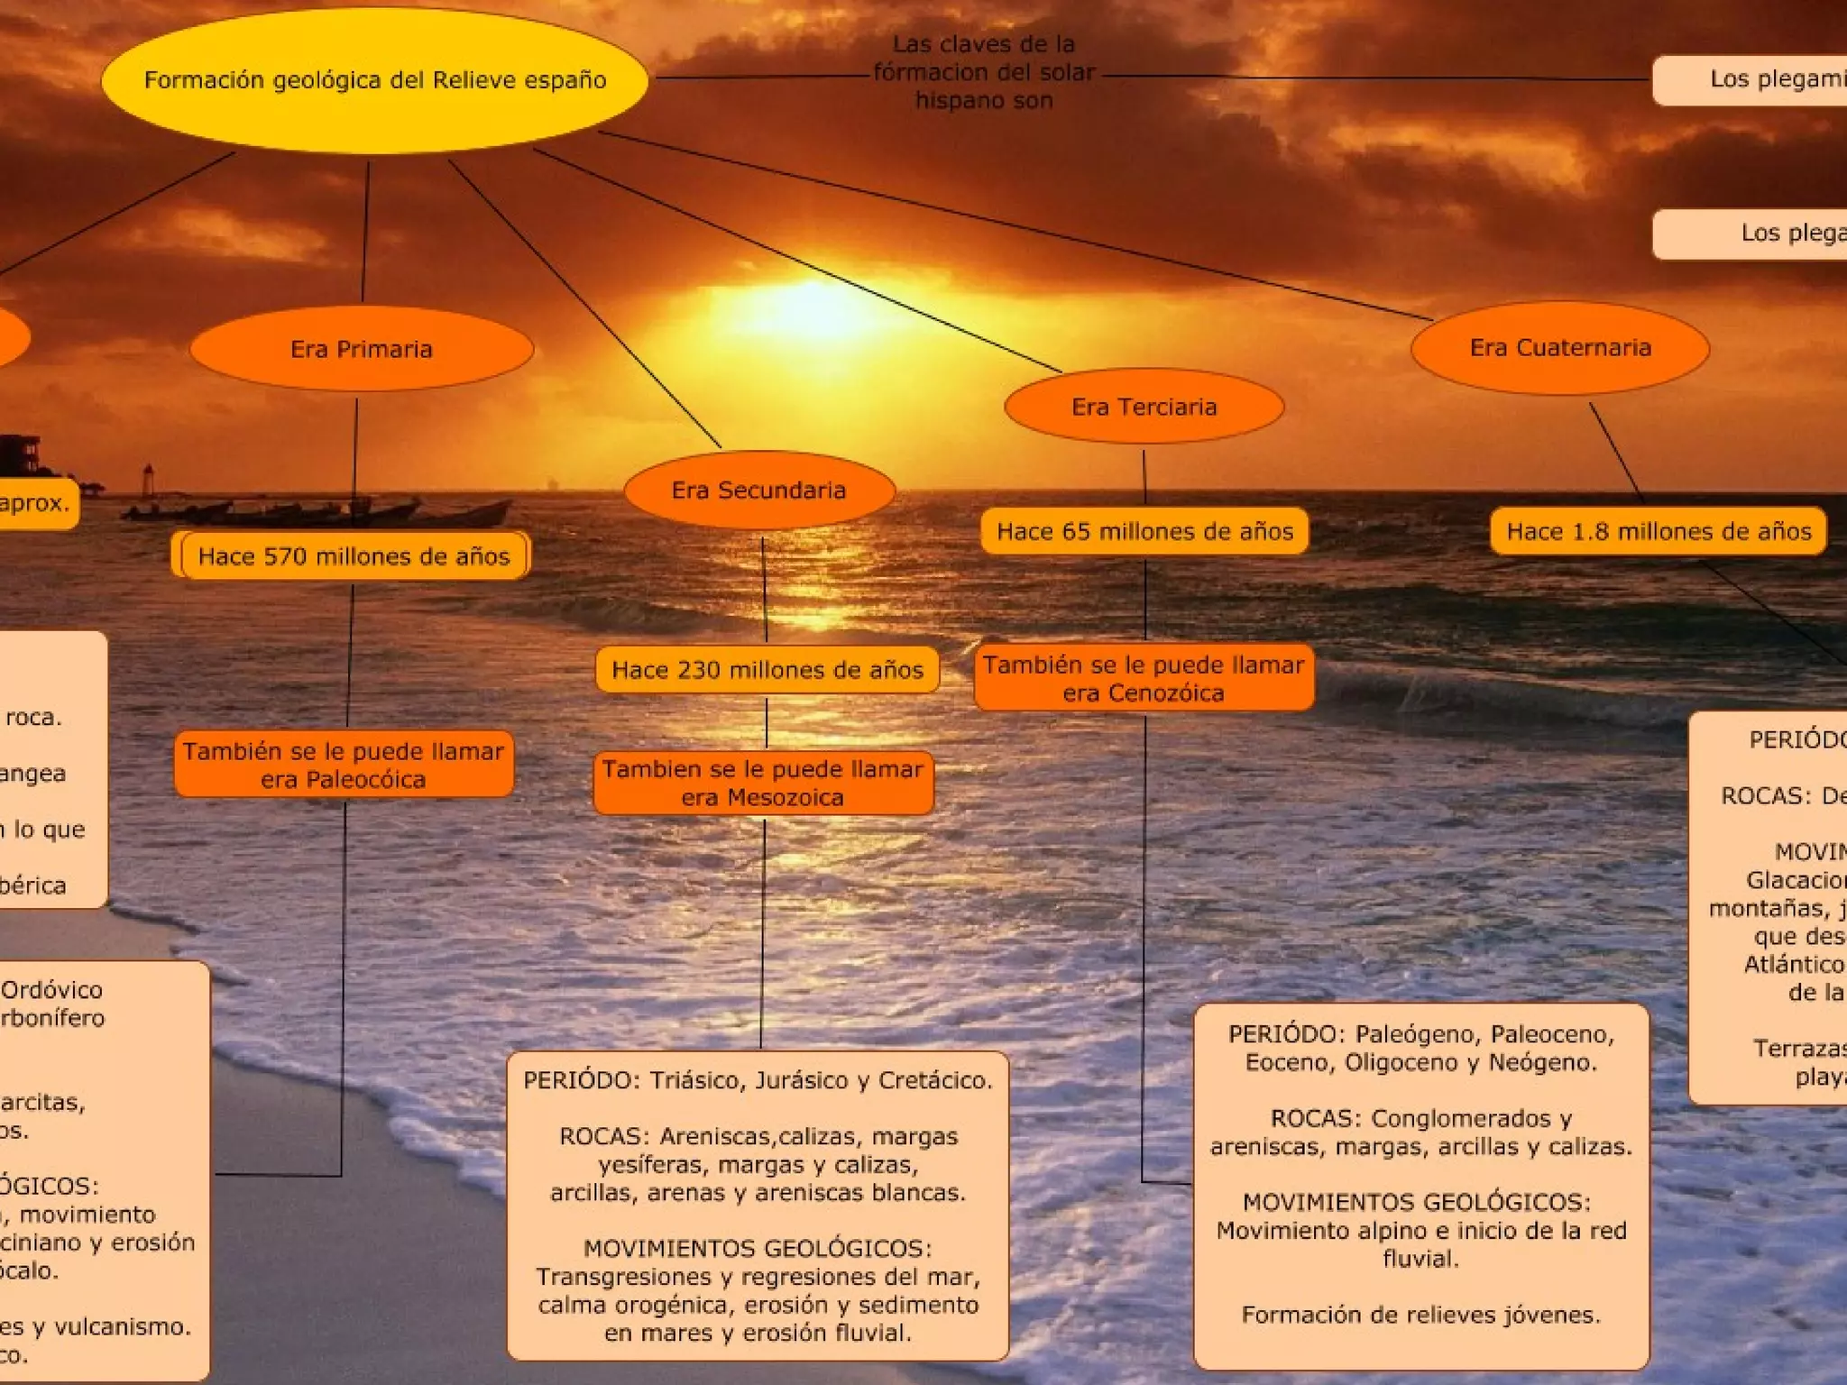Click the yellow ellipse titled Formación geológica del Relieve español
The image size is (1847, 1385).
tap(374, 80)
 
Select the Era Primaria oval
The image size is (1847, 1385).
tap(361, 349)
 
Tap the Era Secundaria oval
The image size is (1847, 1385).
tap(758, 491)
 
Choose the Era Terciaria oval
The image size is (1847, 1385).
tap(1144, 407)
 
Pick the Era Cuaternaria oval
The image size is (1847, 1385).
tap(1560, 348)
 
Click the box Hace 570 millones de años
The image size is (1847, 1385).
tap(354, 556)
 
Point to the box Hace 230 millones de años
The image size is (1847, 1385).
tap(767, 670)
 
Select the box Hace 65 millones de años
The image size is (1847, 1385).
tap(1144, 531)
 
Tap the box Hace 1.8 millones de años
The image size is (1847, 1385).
tap(1659, 531)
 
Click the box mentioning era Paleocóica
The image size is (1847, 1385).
tap(344, 765)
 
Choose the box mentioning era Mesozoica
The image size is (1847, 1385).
tap(763, 783)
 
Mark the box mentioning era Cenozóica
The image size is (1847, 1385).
tap(1144, 678)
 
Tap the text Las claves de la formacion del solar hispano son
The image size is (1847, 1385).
tap(984, 72)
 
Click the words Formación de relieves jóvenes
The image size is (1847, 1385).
tap(1420, 1315)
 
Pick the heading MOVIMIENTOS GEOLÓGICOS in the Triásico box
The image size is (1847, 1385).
tap(758, 1249)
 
